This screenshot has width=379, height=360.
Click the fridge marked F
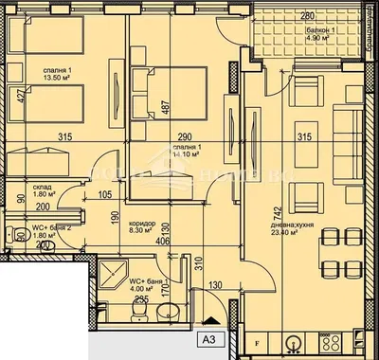point(255,339)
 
